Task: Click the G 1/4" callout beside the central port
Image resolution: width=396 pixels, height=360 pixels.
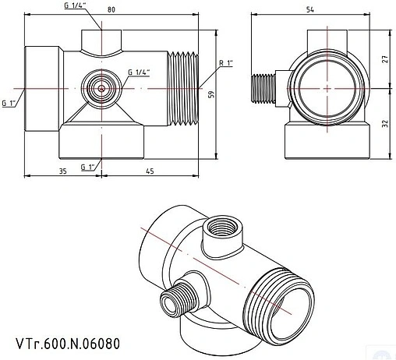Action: pyautogui.click(x=139, y=72)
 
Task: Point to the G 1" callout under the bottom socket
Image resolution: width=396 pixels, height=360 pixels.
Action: pyautogui.click(x=87, y=167)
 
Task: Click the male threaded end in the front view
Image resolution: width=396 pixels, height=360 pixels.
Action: pyautogui.click(x=184, y=88)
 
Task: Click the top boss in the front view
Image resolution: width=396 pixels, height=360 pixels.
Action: pyautogui.click(x=101, y=38)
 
